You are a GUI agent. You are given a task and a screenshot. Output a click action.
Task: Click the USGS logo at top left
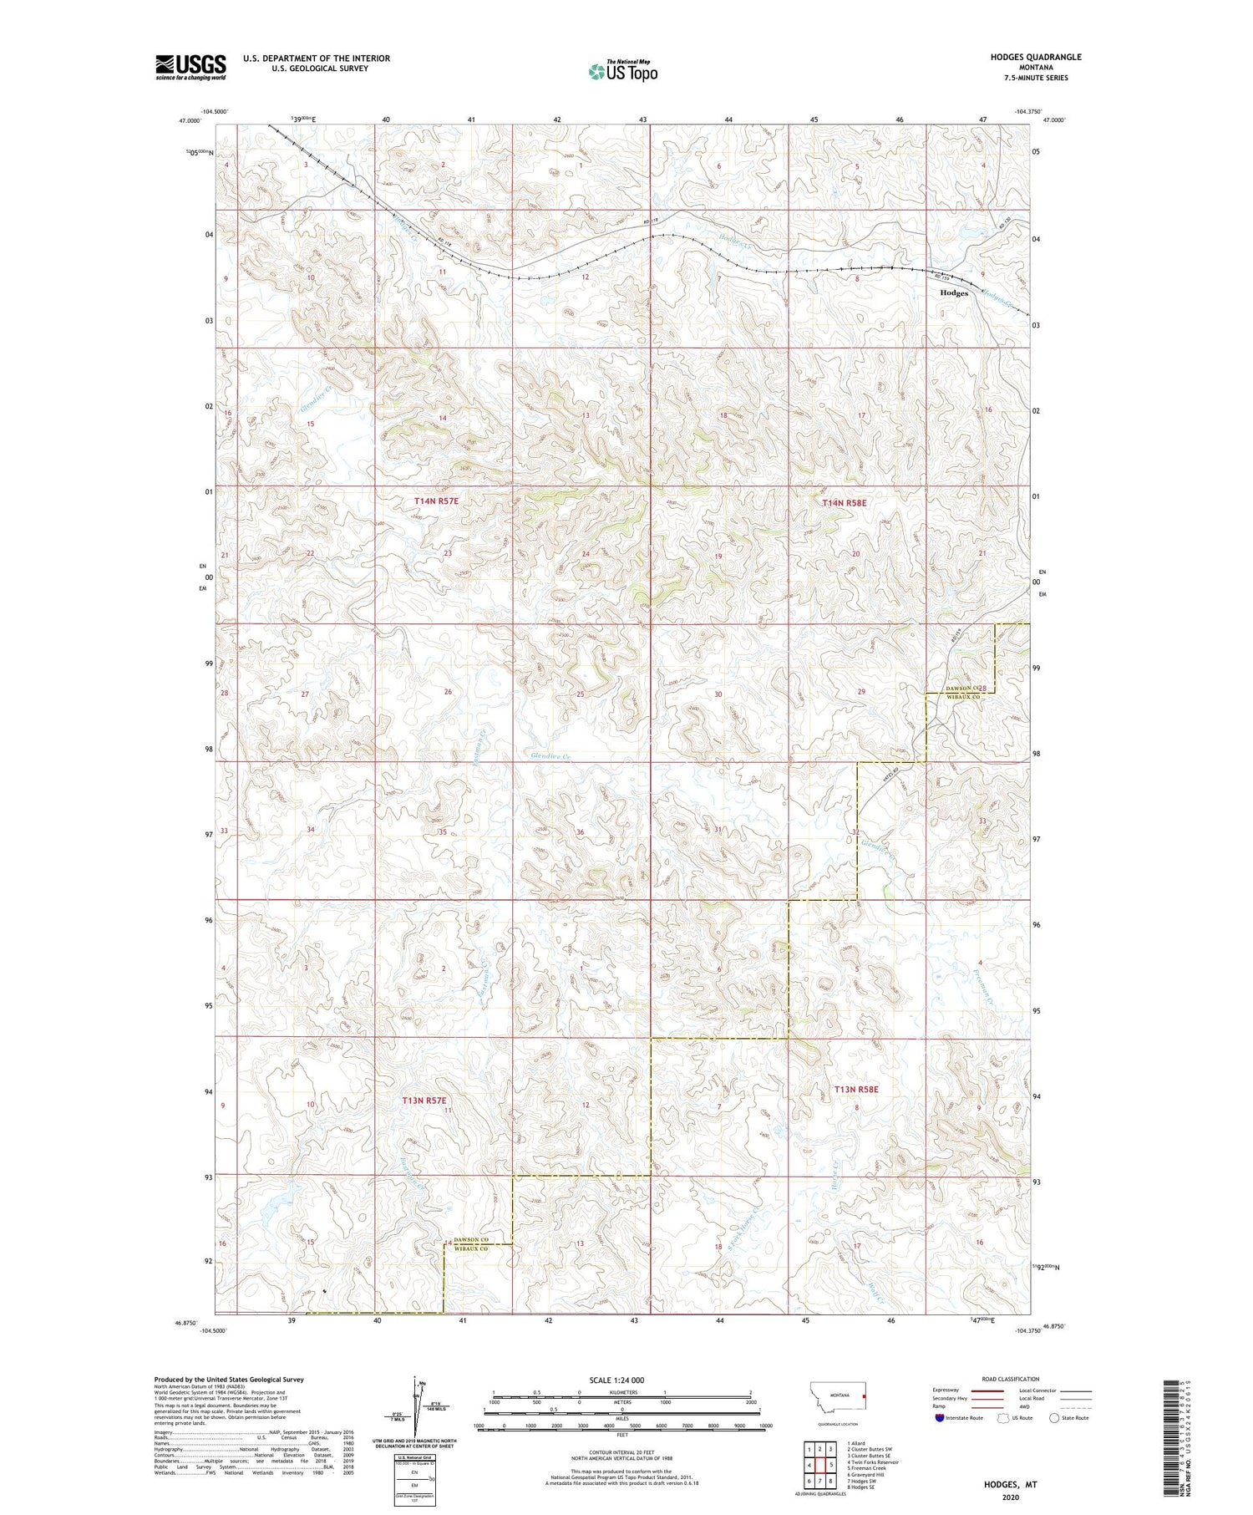coord(190,67)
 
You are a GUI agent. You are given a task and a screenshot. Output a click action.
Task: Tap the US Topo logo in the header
coord(622,72)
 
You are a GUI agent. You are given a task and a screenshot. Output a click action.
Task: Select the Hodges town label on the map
coord(954,293)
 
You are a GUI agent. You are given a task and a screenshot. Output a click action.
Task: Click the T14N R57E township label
coord(436,501)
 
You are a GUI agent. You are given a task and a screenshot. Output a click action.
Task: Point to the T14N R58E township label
coord(845,503)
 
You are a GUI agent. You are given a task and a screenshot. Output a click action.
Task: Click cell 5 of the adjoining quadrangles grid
coord(831,1465)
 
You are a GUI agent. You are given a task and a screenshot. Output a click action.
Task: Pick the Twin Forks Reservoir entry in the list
coord(873,1462)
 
